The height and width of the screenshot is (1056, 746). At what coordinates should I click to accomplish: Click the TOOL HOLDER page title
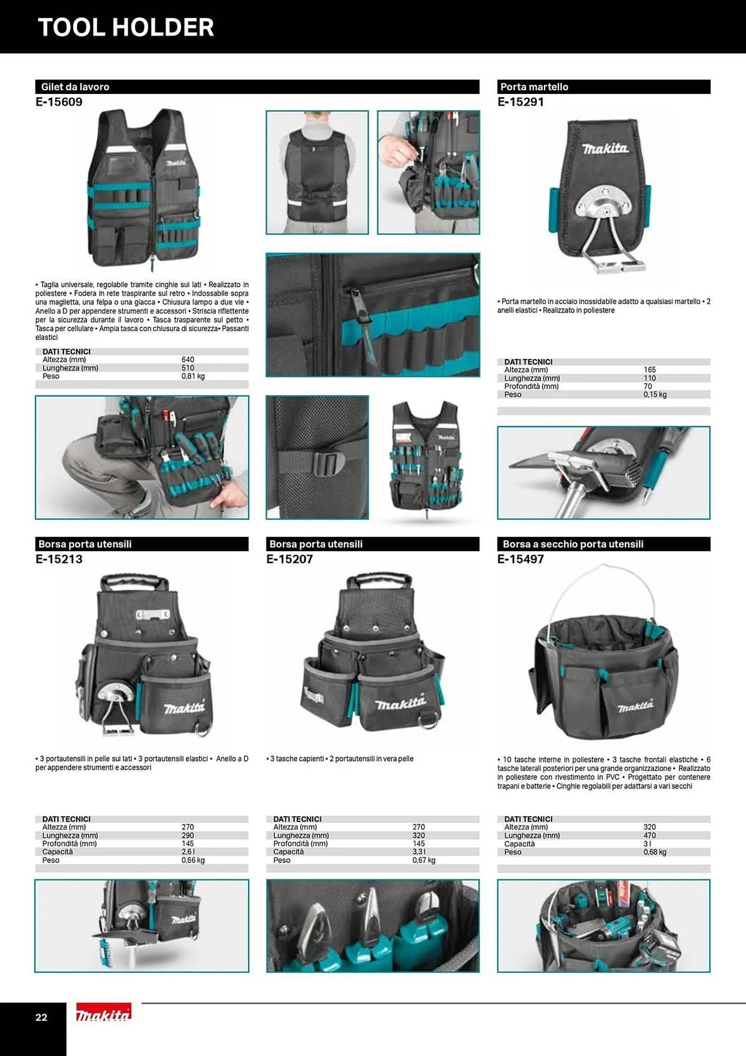(126, 27)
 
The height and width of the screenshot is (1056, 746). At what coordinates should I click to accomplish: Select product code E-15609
(59, 102)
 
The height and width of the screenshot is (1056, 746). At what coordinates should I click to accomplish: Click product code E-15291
(521, 102)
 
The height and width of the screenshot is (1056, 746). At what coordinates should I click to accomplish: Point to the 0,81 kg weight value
(193, 376)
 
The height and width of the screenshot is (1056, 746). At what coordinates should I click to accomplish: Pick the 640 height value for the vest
(188, 360)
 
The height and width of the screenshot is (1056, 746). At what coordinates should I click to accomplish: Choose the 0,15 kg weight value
(655, 394)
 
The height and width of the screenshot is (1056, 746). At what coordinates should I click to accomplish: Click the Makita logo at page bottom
(103, 1012)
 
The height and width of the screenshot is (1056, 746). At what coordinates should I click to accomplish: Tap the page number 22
(41, 1017)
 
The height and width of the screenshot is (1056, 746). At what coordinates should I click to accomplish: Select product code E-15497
(521, 559)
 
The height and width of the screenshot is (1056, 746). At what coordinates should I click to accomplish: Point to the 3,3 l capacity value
(419, 852)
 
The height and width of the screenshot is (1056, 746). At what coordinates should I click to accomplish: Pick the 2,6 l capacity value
(188, 852)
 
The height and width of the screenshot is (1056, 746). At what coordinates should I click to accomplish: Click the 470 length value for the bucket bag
(649, 835)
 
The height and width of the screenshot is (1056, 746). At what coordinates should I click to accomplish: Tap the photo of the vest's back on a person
(317, 172)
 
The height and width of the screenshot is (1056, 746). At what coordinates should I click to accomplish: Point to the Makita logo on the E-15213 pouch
(184, 707)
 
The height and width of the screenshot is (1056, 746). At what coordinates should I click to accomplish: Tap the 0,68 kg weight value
(655, 852)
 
